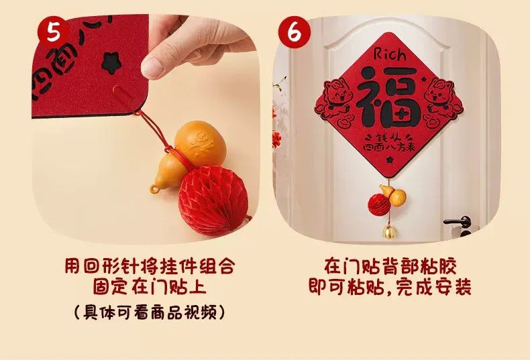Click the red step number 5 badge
pos(54,32)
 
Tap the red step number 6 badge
pos(294,32)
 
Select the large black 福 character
pos(389,96)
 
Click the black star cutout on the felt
pos(109,62)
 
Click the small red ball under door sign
pos(378,204)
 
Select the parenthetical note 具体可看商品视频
pos(150,312)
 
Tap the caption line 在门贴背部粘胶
pos(390,266)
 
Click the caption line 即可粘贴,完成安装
pos(390,287)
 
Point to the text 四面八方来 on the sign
pos(388,147)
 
